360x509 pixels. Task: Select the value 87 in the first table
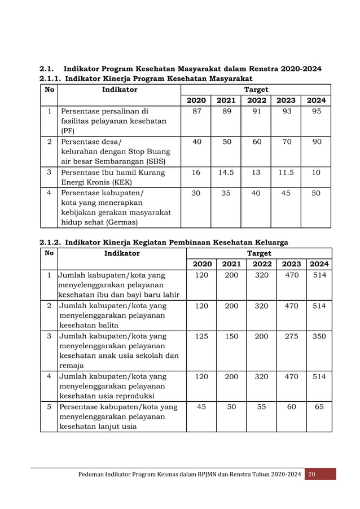(196, 111)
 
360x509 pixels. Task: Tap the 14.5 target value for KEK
(226, 172)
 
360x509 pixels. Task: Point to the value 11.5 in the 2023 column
(286, 172)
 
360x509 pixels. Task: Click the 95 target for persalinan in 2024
(317, 111)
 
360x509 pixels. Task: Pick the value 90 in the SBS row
(317, 142)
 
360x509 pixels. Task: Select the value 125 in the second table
(201, 336)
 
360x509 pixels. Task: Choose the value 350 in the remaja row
(319, 336)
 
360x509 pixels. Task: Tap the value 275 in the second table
(291, 336)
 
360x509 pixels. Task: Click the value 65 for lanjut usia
(319, 406)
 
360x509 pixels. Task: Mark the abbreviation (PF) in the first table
(67, 131)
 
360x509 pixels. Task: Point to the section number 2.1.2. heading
(50, 243)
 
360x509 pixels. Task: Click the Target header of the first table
(256, 89)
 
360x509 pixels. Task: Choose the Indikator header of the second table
(122, 253)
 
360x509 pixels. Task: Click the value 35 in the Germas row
(226, 192)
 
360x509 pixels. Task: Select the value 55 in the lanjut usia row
(261, 406)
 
